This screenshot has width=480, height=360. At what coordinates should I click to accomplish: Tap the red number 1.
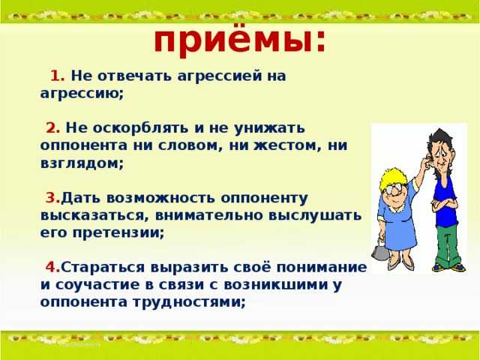[57, 76]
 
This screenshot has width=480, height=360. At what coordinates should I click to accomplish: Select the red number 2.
[52, 128]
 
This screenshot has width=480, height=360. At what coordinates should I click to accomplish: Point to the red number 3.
[52, 198]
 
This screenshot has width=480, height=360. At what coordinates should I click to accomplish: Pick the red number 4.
[52, 267]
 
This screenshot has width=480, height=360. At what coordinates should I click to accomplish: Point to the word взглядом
[82, 163]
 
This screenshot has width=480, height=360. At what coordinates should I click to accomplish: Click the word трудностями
[189, 302]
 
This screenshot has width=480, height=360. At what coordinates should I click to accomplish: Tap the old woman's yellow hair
[391, 178]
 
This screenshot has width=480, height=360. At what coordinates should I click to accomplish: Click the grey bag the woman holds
[378, 250]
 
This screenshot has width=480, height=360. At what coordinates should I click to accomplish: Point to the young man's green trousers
[447, 246]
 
